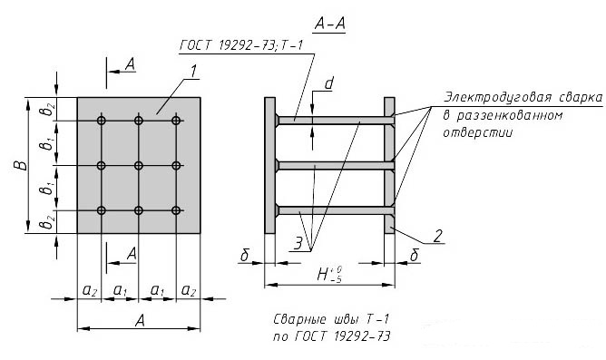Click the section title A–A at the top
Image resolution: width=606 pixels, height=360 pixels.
pyautogui.click(x=329, y=24)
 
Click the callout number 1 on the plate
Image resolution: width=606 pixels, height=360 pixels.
pyautogui.click(x=193, y=71)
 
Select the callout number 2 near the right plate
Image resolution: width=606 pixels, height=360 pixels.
pyautogui.click(x=437, y=236)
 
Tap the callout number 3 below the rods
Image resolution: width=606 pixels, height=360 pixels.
pyautogui.click(x=298, y=244)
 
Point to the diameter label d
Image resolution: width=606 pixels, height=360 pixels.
pyautogui.click(x=328, y=83)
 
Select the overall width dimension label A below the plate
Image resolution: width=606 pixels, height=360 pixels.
pyautogui.click(x=140, y=321)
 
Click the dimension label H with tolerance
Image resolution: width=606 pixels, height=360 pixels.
pyautogui.click(x=329, y=274)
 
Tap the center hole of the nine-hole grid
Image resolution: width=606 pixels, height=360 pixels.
pyautogui.click(x=139, y=166)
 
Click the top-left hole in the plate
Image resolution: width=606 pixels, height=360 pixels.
pyautogui.click(x=102, y=121)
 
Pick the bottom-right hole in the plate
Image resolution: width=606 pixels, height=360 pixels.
pyautogui.click(x=176, y=210)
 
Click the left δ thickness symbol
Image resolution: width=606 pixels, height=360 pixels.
pyautogui.click(x=245, y=255)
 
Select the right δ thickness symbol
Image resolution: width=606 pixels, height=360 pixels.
pyautogui.click(x=414, y=255)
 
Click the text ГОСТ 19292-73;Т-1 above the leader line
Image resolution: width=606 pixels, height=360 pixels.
pyautogui.click(x=241, y=45)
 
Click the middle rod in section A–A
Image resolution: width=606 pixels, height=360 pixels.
pyautogui.click(x=337, y=166)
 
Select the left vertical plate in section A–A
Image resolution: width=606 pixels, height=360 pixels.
pyautogui.click(x=269, y=165)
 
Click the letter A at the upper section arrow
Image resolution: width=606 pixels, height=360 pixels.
pyautogui.click(x=131, y=64)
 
